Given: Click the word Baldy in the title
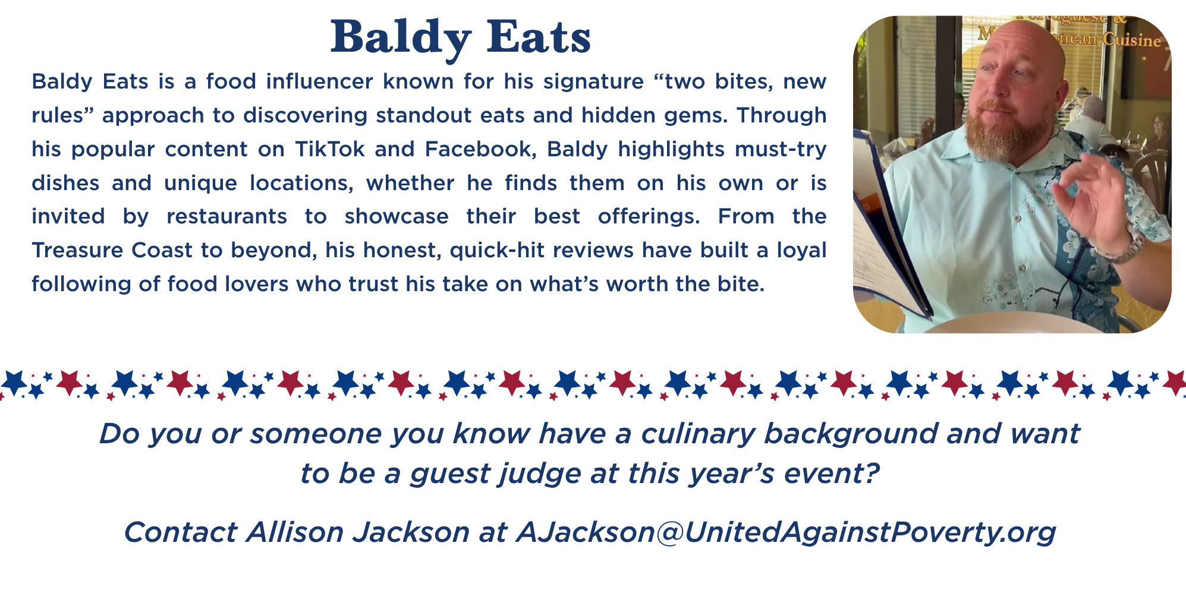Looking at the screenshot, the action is (x=401, y=39).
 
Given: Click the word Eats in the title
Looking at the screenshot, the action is (x=539, y=37).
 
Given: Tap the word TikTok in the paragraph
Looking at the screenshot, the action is (x=330, y=149).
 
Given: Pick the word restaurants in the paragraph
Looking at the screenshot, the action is (x=227, y=216).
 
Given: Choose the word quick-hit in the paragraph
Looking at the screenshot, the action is (x=496, y=250).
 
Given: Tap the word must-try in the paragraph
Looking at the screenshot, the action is (x=781, y=149).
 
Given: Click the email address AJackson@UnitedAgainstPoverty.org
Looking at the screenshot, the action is (x=785, y=532).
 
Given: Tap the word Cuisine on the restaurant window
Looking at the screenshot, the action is (x=1132, y=40).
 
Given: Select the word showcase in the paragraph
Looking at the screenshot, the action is (x=397, y=216).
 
